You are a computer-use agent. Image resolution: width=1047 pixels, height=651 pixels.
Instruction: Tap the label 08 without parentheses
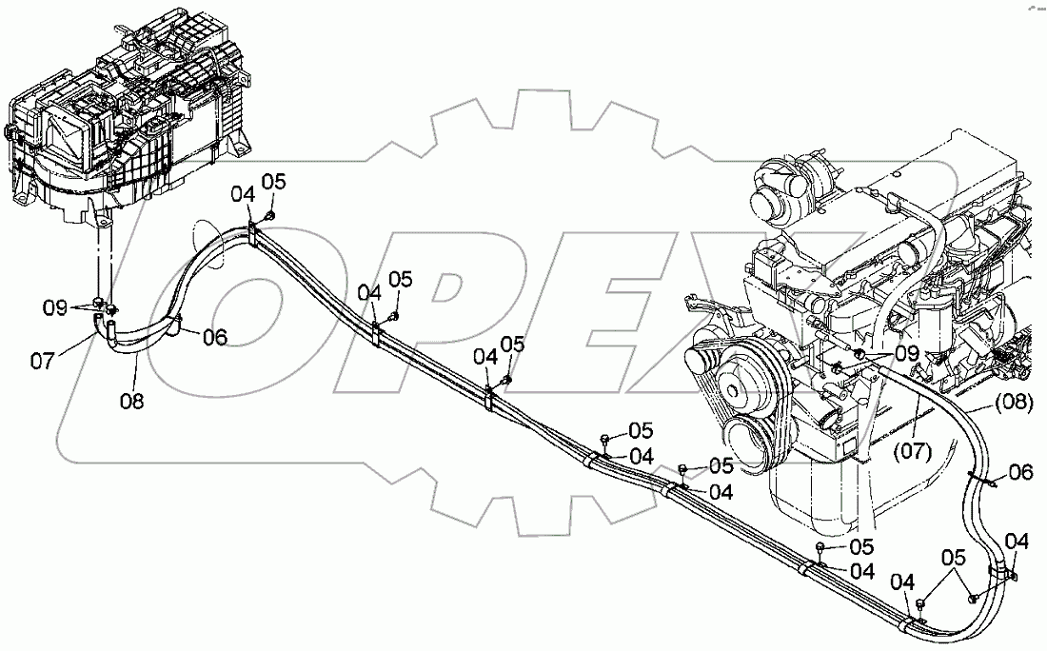132,402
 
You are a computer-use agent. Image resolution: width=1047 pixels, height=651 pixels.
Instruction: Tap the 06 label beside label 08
215,336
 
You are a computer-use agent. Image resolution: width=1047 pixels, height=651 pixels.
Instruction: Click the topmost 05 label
274,180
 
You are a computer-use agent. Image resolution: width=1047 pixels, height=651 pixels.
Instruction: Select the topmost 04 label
245,193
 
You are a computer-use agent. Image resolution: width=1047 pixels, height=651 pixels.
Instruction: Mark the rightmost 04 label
1017,542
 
